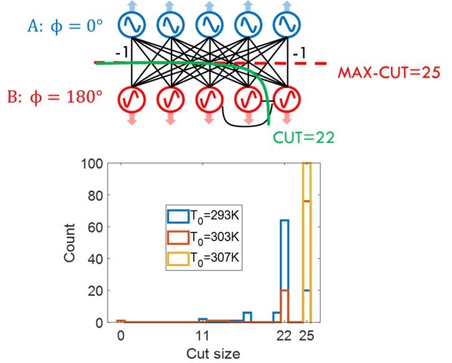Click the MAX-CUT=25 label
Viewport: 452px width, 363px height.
click(x=389, y=73)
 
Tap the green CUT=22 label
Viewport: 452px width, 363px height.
click(x=304, y=138)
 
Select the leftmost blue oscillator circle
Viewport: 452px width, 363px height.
click(x=132, y=24)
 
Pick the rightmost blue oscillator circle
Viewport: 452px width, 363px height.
click(x=287, y=24)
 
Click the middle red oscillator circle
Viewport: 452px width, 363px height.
click(x=210, y=99)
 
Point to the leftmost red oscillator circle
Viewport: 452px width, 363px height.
click(x=132, y=99)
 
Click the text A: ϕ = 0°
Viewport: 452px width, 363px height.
click(x=65, y=27)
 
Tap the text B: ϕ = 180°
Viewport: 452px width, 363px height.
click(x=55, y=98)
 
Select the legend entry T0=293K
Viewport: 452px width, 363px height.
click(x=203, y=216)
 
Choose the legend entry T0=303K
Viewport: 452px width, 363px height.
click(x=203, y=237)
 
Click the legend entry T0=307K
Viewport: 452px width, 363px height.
click(x=203, y=258)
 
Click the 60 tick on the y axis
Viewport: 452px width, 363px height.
click(x=95, y=227)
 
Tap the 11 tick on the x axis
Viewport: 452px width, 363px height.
click(x=202, y=336)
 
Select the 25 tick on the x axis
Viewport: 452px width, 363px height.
click(x=306, y=336)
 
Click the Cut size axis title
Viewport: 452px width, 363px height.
click(x=213, y=354)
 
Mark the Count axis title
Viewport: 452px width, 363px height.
click(x=70, y=243)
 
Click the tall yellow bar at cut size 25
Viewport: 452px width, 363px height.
click(x=307, y=242)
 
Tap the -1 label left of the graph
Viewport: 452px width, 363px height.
click(x=122, y=54)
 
